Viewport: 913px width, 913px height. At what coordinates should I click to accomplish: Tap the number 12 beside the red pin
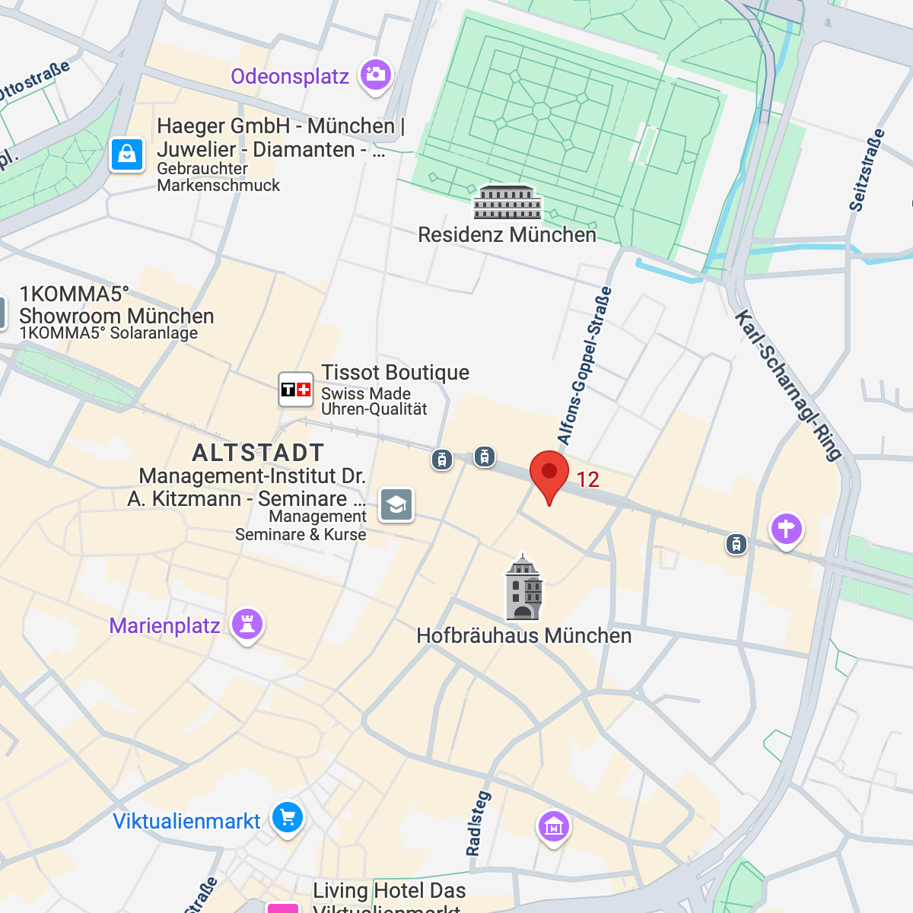click(x=587, y=479)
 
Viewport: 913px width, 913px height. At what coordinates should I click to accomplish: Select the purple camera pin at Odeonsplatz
click(x=375, y=75)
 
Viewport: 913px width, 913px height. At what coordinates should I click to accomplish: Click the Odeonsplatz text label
click(x=290, y=76)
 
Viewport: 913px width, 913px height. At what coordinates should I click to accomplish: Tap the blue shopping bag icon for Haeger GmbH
click(x=127, y=154)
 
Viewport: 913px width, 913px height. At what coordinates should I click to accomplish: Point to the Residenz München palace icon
click(x=507, y=202)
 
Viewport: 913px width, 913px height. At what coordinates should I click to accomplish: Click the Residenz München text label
click(x=507, y=234)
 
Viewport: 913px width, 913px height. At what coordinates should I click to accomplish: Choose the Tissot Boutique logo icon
click(x=296, y=390)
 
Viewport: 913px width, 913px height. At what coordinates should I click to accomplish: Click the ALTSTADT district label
click(x=258, y=453)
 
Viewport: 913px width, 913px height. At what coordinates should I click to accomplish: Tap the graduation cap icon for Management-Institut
click(x=396, y=504)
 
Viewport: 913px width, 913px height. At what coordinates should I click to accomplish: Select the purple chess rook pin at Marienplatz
click(x=247, y=625)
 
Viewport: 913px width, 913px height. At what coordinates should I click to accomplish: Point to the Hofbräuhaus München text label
click(x=523, y=635)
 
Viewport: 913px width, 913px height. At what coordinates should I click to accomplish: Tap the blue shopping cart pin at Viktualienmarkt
click(x=288, y=818)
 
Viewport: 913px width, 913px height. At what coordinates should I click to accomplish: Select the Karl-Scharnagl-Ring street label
click(x=788, y=385)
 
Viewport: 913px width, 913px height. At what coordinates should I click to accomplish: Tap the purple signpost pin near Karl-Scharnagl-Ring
click(x=787, y=528)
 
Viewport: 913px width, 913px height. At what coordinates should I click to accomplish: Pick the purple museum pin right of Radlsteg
click(x=553, y=826)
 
